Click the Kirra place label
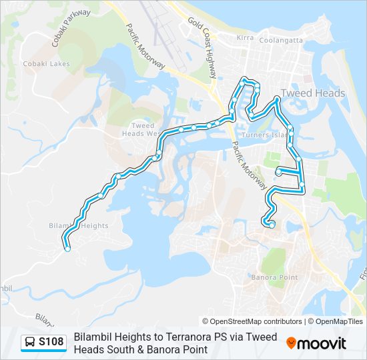point(245,38)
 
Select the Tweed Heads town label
point(313,93)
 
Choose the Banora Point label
point(274,277)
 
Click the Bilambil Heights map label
point(79,226)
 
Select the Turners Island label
point(266,135)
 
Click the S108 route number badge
point(51,343)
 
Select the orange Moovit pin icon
point(291,343)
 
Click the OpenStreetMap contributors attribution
point(252,321)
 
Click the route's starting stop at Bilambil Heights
point(67,249)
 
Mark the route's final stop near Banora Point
point(272,225)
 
